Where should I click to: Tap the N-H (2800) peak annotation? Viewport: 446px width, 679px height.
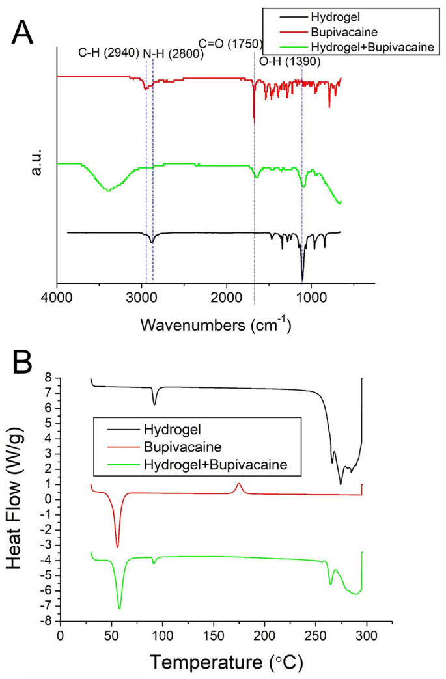173,55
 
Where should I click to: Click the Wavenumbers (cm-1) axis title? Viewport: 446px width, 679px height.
216,324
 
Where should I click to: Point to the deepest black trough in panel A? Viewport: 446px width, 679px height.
302,279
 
